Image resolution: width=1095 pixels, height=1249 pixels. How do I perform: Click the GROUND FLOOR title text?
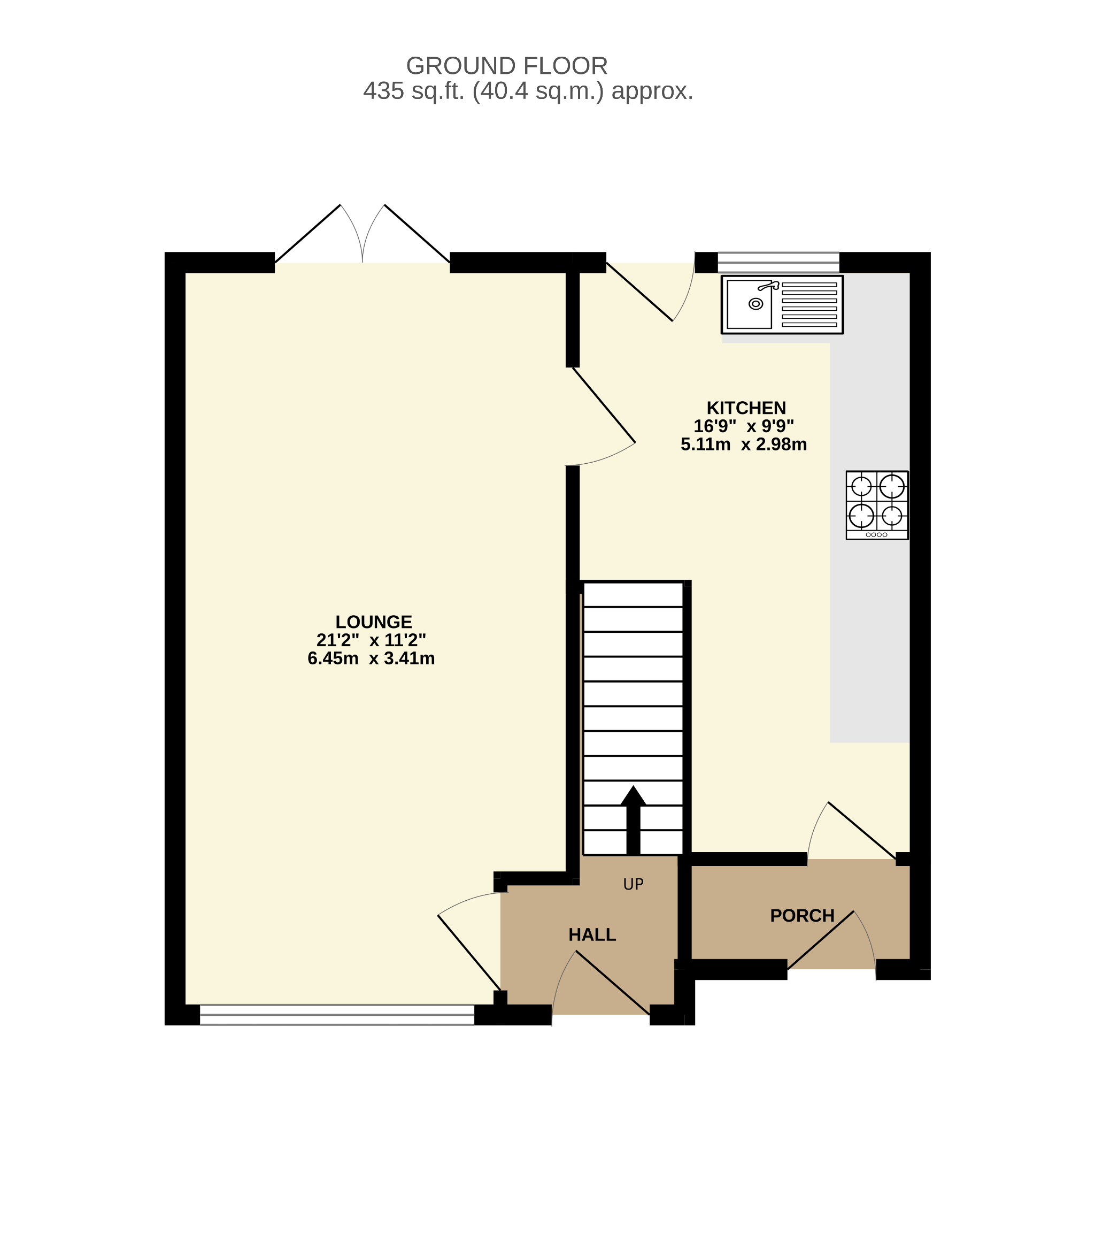[506, 66]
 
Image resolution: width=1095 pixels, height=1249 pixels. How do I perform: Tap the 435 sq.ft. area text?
[528, 91]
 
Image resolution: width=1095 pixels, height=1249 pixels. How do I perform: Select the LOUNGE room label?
[373, 622]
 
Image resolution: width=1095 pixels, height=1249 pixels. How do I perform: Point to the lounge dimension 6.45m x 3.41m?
[371, 658]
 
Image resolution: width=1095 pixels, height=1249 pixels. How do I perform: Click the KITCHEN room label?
[746, 408]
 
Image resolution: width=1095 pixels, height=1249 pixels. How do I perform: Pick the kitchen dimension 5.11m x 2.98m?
[743, 445]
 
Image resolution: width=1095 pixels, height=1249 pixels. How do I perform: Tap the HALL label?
[592, 935]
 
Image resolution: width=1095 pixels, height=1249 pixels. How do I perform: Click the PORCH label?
[802, 916]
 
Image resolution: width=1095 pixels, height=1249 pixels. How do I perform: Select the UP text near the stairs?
[633, 884]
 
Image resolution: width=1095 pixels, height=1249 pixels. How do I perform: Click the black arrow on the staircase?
[633, 819]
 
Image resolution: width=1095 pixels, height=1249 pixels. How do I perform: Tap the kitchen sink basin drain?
[755, 304]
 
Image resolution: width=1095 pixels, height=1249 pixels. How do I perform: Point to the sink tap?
[768, 285]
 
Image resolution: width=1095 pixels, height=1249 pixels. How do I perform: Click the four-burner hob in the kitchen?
[876, 505]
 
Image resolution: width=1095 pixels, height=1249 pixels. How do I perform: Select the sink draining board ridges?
[809, 304]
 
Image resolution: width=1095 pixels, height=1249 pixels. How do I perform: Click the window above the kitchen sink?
[778, 262]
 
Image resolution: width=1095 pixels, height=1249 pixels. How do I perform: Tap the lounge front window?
[337, 1014]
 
